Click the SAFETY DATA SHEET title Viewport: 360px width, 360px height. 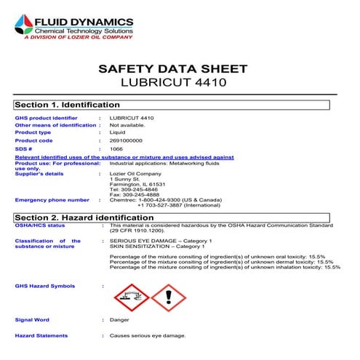(x=172, y=69)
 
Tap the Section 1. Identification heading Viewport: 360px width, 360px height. (x=68, y=105)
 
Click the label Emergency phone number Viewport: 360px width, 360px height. (x=52, y=199)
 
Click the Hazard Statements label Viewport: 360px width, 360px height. (x=41, y=335)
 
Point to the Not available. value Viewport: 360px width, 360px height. (x=129, y=125)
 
